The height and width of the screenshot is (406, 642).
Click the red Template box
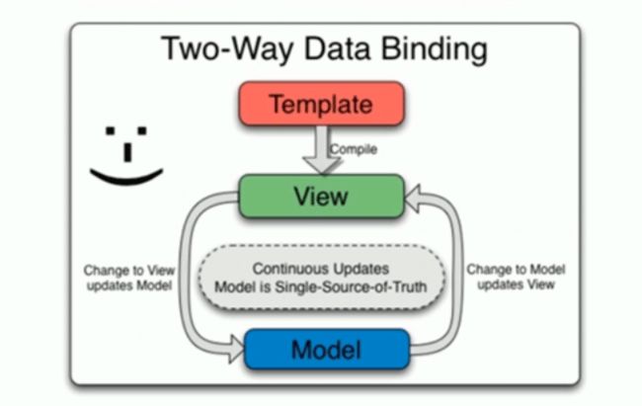pyautogui.click(x=322, y=104)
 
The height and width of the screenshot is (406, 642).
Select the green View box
pyautogui.click(x=321, y=196)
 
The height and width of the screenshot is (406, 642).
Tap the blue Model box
pyautogui.click(x=327, y=350)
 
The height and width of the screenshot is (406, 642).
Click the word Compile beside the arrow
pyautogui.click(x=354, y=149)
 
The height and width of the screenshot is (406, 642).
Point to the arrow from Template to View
pyautogui.click(x=322, y=150)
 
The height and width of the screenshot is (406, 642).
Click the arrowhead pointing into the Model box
pyautogui.click(x=237, y=349)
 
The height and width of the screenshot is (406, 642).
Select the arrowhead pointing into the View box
pyautogui.click(x=413, y=199)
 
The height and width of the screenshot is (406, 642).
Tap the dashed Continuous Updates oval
pyautogui.click(x=321, y=278)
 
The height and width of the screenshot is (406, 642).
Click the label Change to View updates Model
pyautogui.click(x=129, y=278)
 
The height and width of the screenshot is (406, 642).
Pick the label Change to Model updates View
pyautogui.click(x=516, y=277)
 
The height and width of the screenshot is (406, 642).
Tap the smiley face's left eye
pyautogui.click(x=111, y=130)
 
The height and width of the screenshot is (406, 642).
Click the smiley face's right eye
pyautogui.click(x=142, y=130)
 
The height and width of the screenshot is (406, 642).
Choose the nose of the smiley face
pyautogui.click(x=127, y=152)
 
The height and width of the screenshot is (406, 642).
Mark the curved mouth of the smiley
pyautogui.click(x=126, y=179)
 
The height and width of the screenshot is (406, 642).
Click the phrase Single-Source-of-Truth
pyautogui.click(x=351, y=286)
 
